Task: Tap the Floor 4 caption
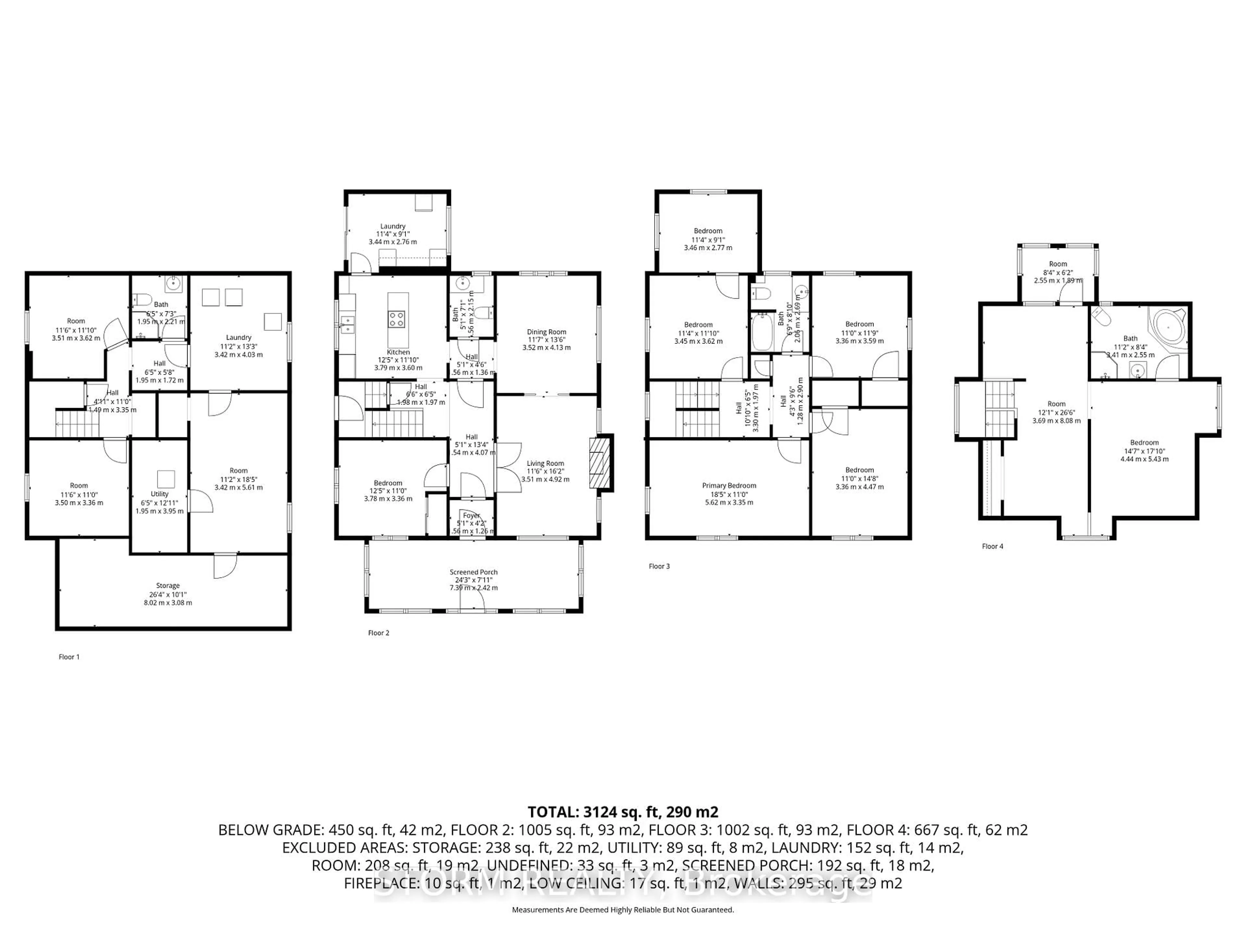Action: tap(993, 546)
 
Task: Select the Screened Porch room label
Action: tap(473, 572)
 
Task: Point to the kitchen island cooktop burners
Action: tap(396, 319)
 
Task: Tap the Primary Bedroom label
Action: tap(729, 485)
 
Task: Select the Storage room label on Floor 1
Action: tap(168, 586)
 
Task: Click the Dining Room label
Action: tap(546, 332)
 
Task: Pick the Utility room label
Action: tap(159, 494)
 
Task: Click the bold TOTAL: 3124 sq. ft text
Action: tap(622, 812)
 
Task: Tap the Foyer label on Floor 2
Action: tap(471, 515)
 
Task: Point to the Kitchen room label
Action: tap(398, 352)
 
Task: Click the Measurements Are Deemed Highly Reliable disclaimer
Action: tap(622, 910)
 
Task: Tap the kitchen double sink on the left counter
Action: tap(347, 324)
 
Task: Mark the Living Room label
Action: tap(545, 463)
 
